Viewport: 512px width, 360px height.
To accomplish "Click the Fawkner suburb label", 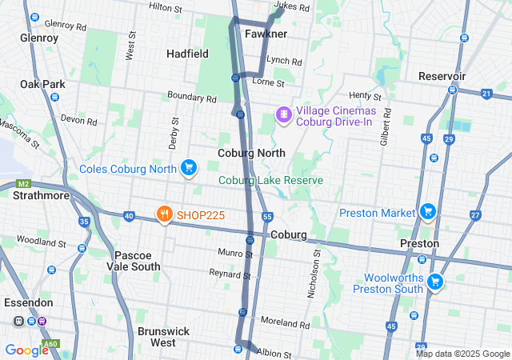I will point(266,34).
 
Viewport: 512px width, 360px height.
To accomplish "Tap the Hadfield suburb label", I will point(187,54).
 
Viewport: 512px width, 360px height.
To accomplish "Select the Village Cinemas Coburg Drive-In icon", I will point(283,116).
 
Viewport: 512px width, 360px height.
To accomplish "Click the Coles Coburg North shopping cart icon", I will point(188,168).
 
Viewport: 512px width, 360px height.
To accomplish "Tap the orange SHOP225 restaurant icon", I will point(163,214).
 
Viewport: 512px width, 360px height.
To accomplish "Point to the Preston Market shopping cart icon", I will point(428,212).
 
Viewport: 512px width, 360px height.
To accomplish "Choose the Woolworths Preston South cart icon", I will point(435,282).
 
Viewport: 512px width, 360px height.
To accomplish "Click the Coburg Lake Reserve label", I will point(271,180).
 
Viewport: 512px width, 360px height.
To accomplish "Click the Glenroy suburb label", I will point(38,38).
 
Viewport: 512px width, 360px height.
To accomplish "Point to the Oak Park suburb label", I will point(42,84).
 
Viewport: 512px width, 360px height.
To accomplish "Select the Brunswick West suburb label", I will point(163,336).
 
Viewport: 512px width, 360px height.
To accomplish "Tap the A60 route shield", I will point(50,344).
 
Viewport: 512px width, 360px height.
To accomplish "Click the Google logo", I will point(26,350).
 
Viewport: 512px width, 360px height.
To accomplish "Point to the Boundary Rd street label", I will point(192,98).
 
